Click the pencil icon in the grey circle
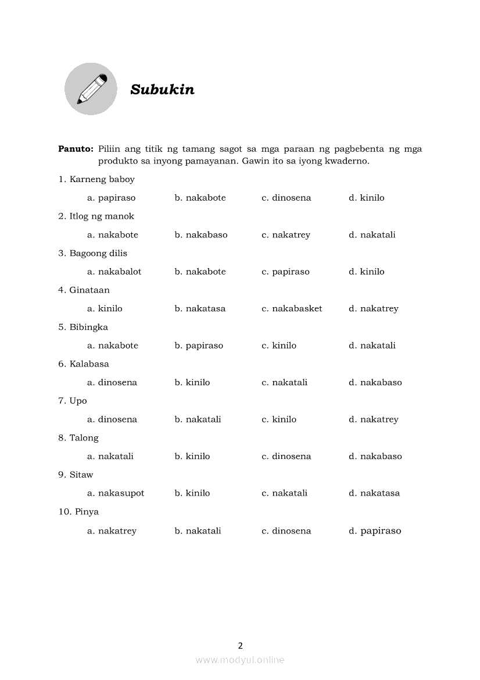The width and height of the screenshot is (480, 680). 91,89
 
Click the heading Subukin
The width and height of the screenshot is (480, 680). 162,90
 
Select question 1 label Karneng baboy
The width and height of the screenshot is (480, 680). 96,179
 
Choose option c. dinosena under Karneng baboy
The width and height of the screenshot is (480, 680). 286,198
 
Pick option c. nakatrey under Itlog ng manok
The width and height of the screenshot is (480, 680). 285,235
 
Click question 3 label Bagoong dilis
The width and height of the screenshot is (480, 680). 92,253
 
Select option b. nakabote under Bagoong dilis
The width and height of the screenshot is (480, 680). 200,272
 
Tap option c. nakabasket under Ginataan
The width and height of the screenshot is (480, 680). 292,308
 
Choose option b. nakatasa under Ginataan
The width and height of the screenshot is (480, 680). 200,308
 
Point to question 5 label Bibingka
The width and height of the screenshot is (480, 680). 83,327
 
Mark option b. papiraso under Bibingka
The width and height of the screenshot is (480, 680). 199,346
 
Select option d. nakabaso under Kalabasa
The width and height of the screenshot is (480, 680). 375,382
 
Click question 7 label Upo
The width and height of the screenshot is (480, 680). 73,401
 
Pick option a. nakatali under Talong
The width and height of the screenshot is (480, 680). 110,456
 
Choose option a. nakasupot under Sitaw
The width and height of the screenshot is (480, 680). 116,493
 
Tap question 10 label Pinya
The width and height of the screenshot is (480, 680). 78,512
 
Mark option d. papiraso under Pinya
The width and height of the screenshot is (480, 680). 375,531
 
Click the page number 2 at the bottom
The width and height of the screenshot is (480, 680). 240,645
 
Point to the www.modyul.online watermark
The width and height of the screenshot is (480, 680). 240,660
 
